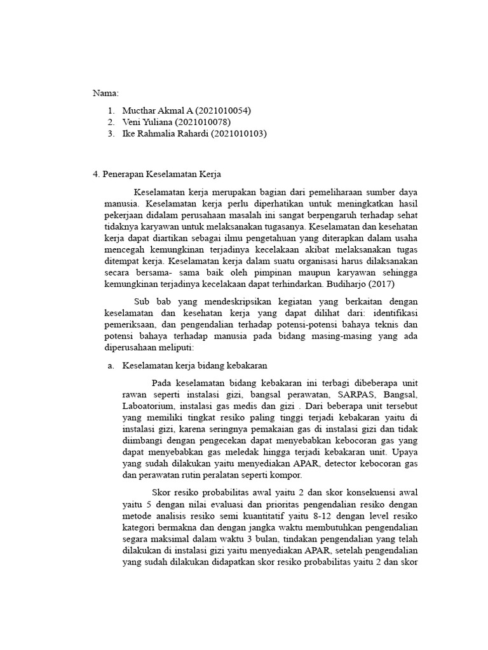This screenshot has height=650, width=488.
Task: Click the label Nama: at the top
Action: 106,93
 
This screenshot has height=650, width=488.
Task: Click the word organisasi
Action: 301,261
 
